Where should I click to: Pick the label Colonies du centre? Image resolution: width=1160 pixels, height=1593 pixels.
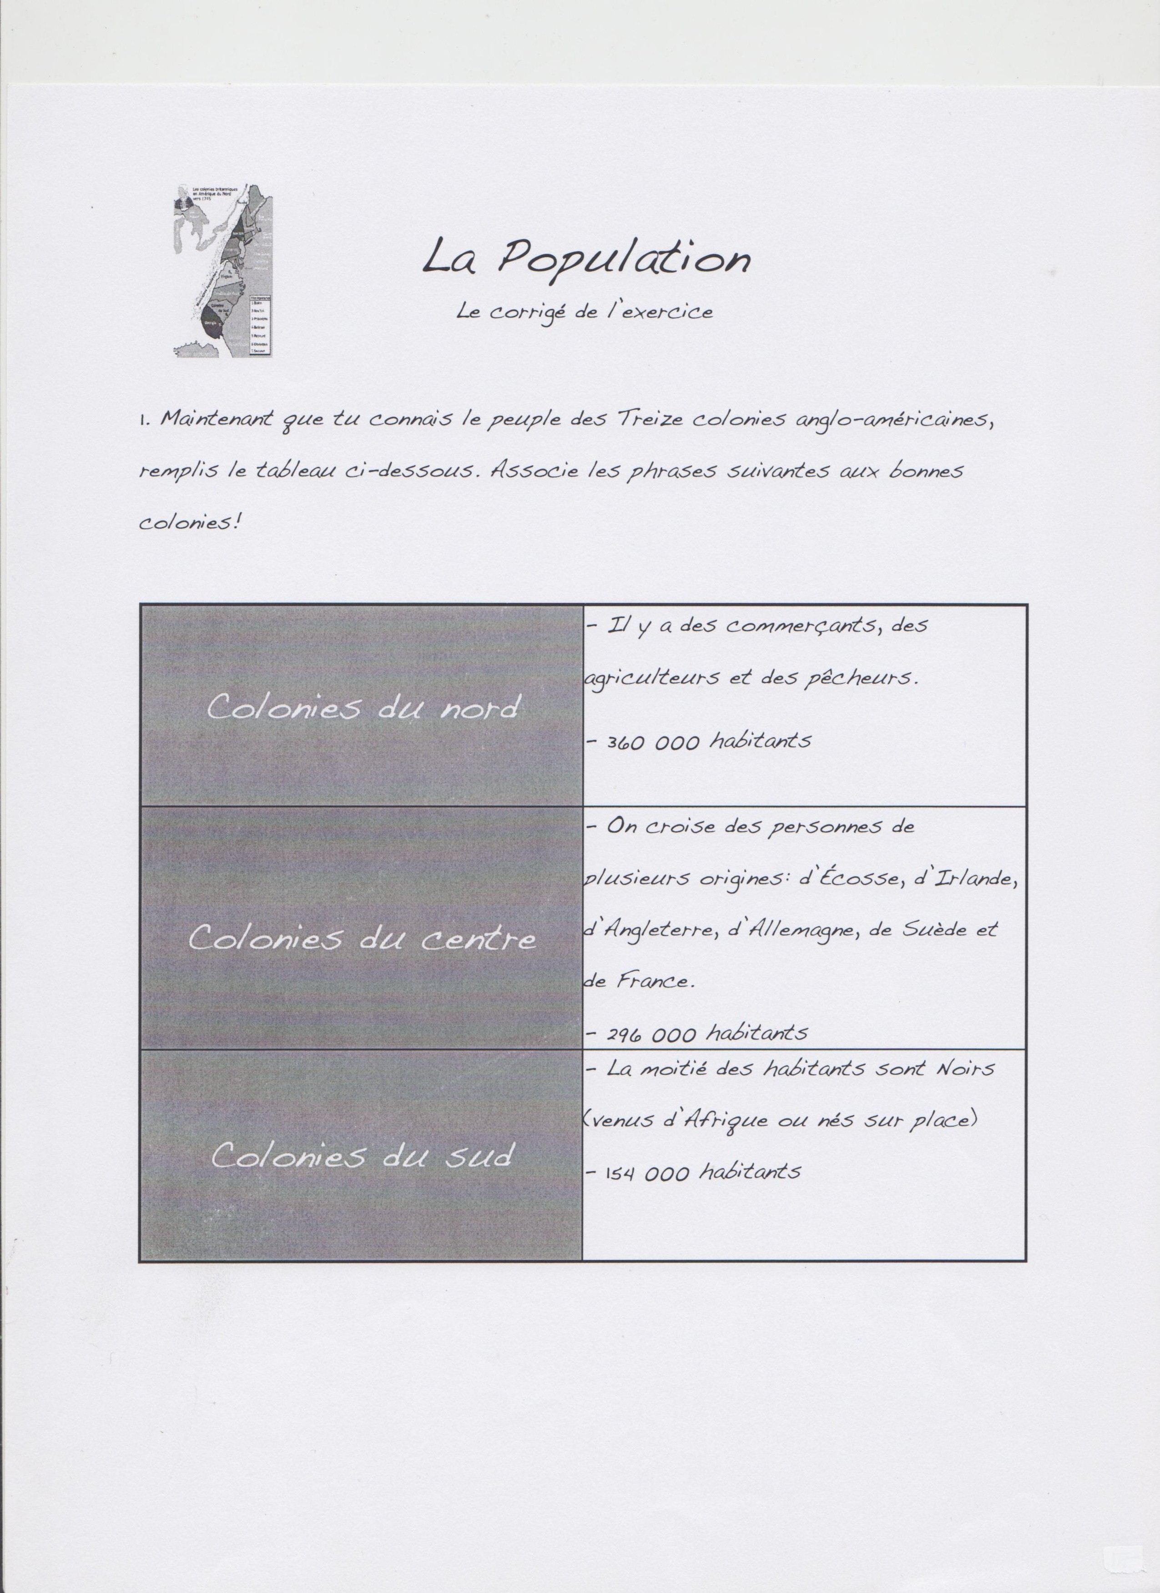(362, 937)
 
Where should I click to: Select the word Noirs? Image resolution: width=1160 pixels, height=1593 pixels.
(965, 1069)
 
